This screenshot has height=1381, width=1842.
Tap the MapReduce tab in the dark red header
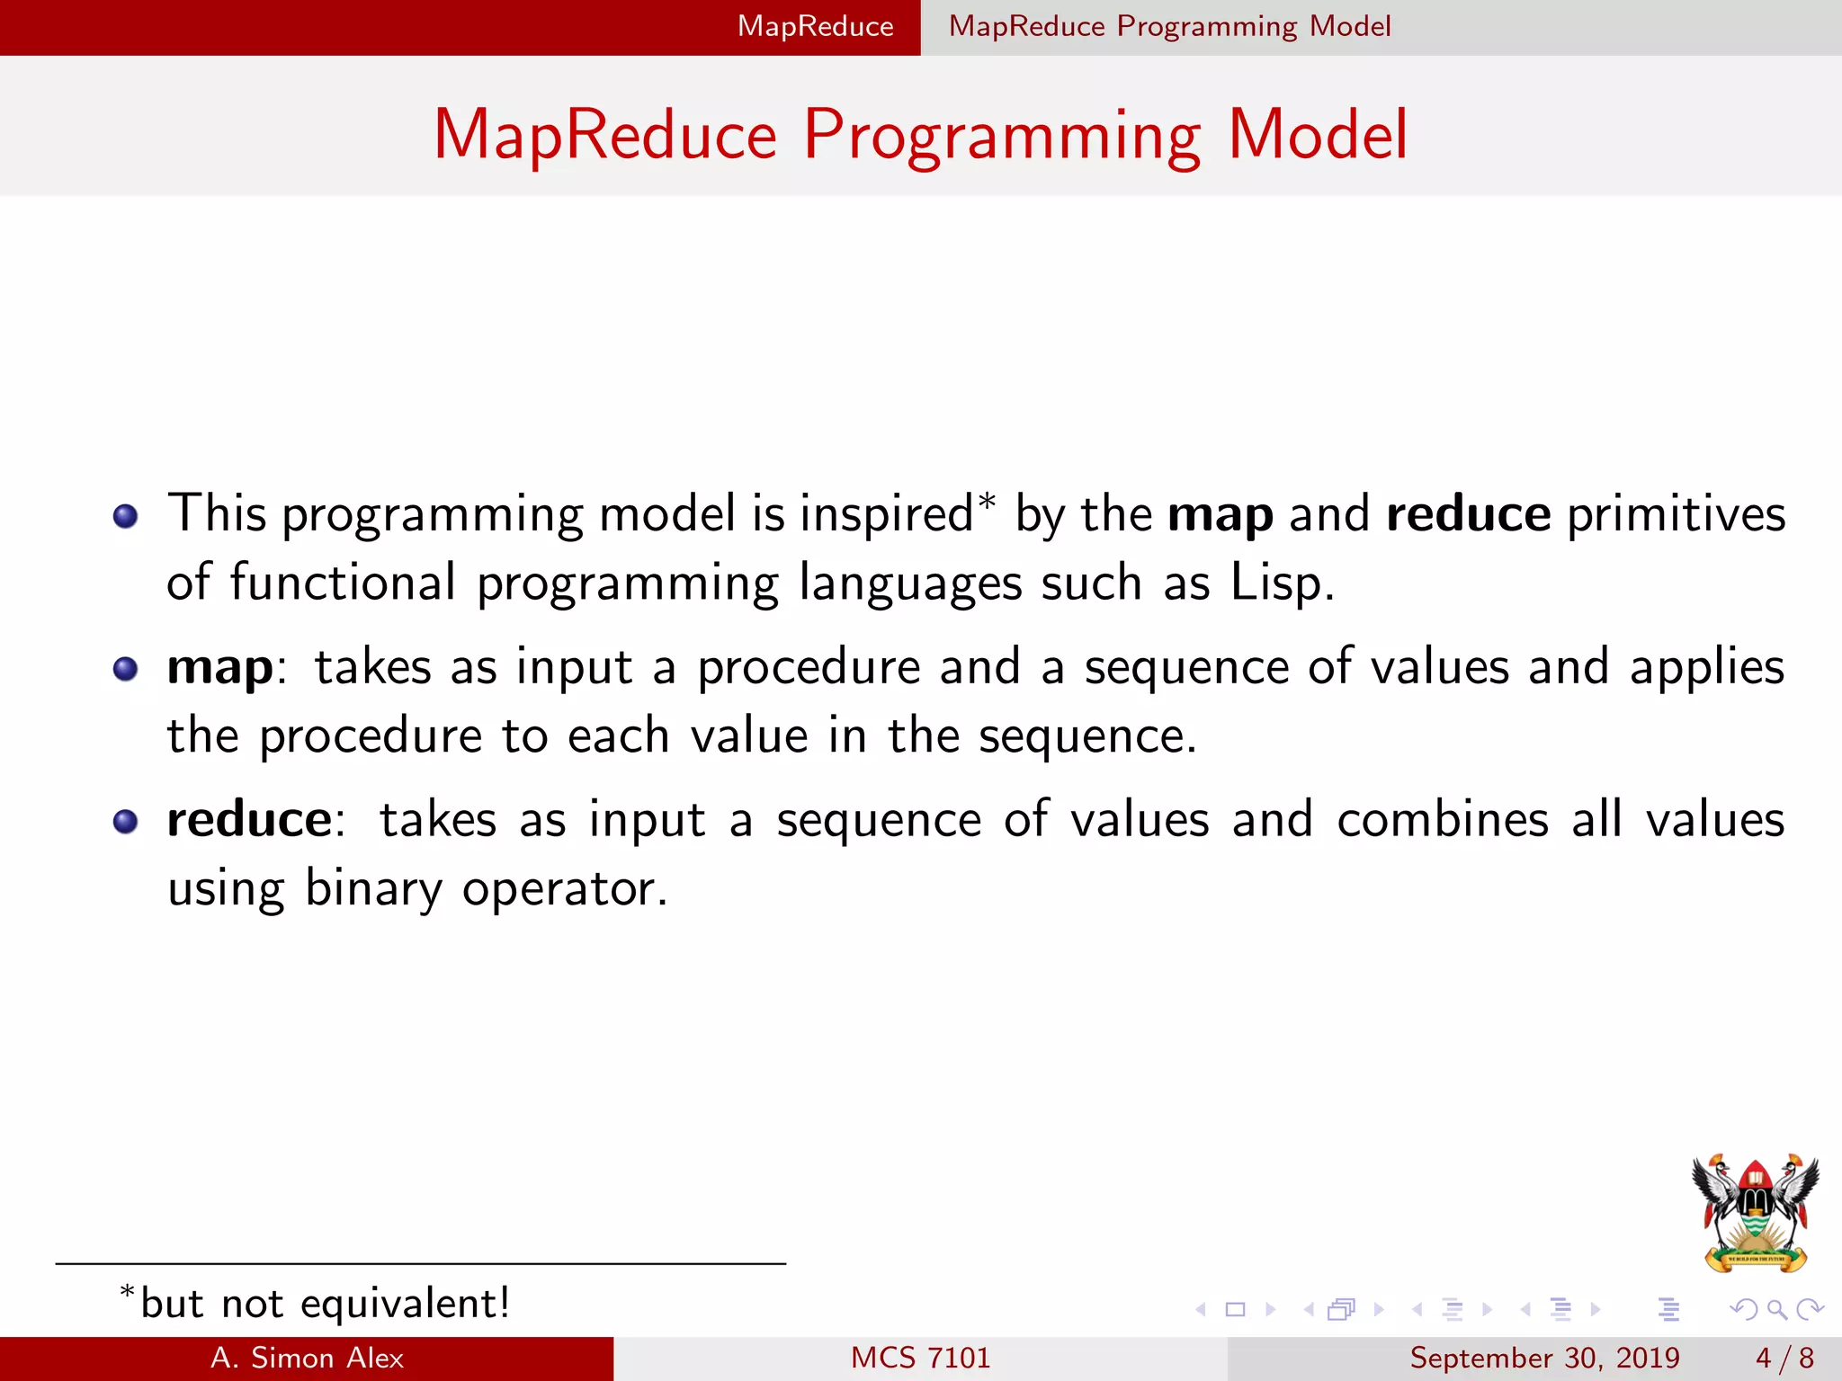(815, 26)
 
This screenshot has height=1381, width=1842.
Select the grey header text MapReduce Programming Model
(1169, 26)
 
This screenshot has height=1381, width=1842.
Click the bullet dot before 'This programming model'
(125, 516)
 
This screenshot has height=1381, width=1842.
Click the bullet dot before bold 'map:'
(125, 669)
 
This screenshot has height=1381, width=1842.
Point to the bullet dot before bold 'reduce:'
(125, 822)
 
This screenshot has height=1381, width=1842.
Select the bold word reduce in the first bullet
(1468, 514)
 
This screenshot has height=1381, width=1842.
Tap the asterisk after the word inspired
(988, 502)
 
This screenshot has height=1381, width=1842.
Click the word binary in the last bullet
(373, 888)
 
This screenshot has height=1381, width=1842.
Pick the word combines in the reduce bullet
(1442, 820)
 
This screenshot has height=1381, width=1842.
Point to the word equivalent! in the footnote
(405, 1304)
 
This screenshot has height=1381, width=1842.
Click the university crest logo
(1755, 1212)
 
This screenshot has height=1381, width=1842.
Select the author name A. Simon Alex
(307, 1358)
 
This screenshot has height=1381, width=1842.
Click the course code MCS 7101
(920, 1358)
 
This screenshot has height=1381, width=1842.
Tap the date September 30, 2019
(1544, 1358)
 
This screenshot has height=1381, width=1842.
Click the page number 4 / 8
(1784, 1358)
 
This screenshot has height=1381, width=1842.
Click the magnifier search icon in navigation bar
(1776, 1309)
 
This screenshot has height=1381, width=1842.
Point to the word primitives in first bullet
(1676, 514)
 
